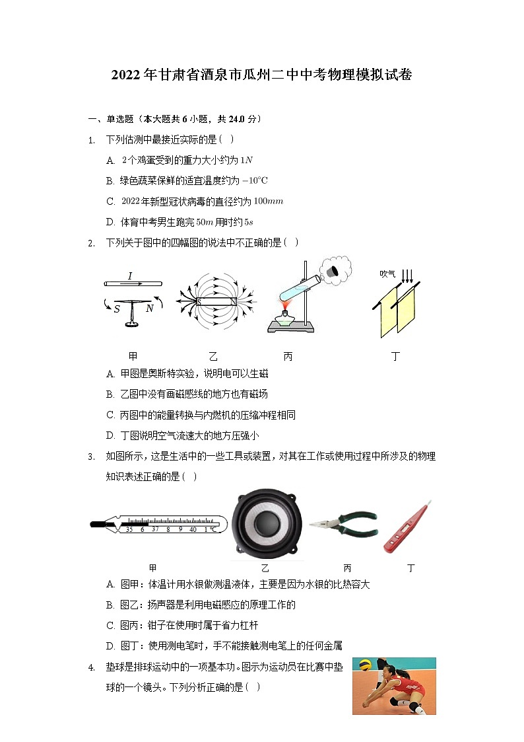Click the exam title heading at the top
tap(262, 75)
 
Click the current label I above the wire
tap(130, 276)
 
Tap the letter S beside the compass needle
tap(116, 309)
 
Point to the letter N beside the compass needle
tap(150, 308)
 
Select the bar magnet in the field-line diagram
tap(216, 302)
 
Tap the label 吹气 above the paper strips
tap(387, 274)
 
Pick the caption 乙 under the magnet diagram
tap(213, 357)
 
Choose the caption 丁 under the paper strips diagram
tap(395, 357)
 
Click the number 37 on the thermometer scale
tap(156, 529)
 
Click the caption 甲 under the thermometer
tap(152, 568)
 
